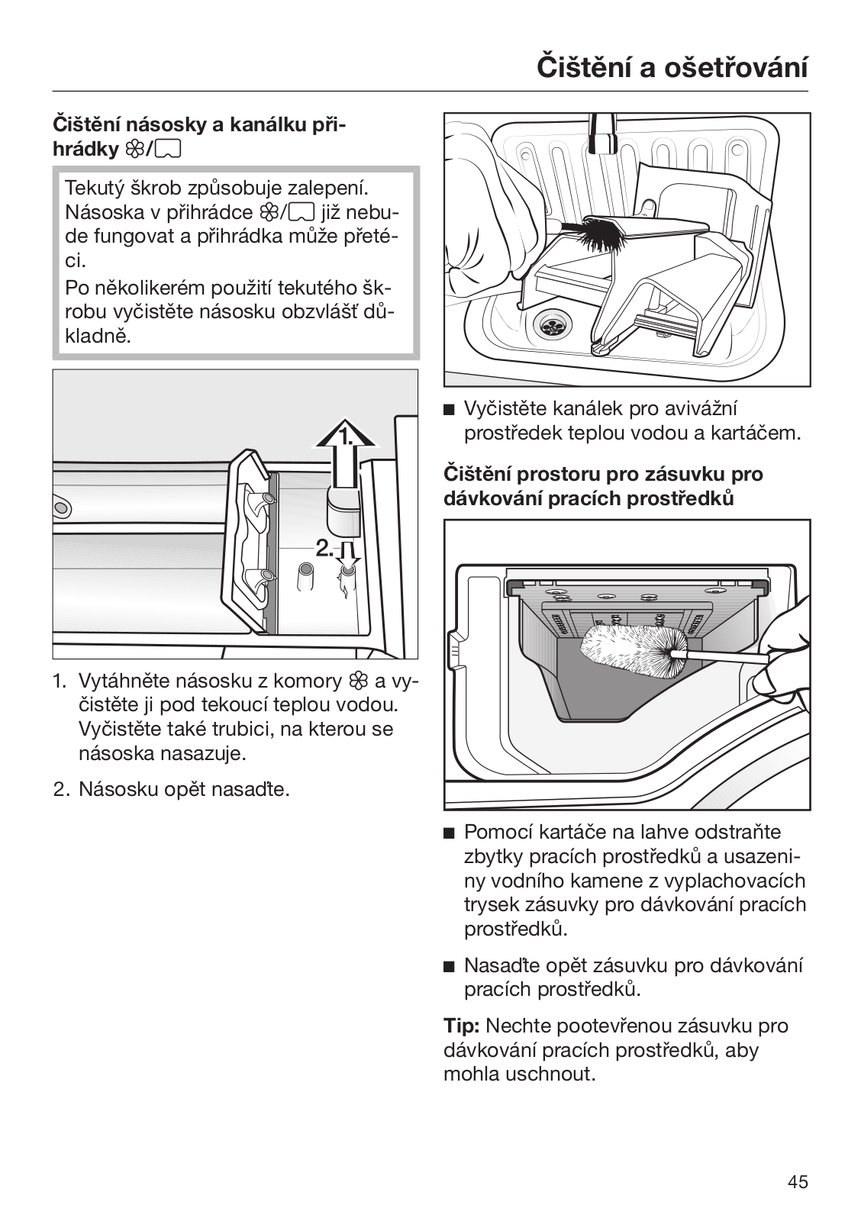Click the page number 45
(798, 1182)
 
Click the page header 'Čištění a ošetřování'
(672, 66)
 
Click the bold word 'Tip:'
(461, 1026)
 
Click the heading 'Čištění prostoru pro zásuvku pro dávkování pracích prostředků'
(603, 486)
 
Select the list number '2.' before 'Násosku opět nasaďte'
(62, 788)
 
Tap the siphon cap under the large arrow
(343, 509)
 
